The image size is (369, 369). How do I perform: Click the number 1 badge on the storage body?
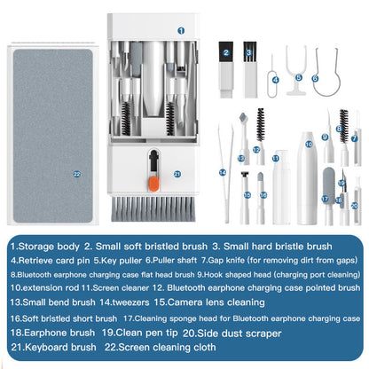(x=180, y=29)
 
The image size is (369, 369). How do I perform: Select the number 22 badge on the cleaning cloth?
(x=77, y=173)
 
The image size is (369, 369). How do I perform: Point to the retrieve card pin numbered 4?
(x=276, y=69)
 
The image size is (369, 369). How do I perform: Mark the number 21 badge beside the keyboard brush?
(x=177, y=174)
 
